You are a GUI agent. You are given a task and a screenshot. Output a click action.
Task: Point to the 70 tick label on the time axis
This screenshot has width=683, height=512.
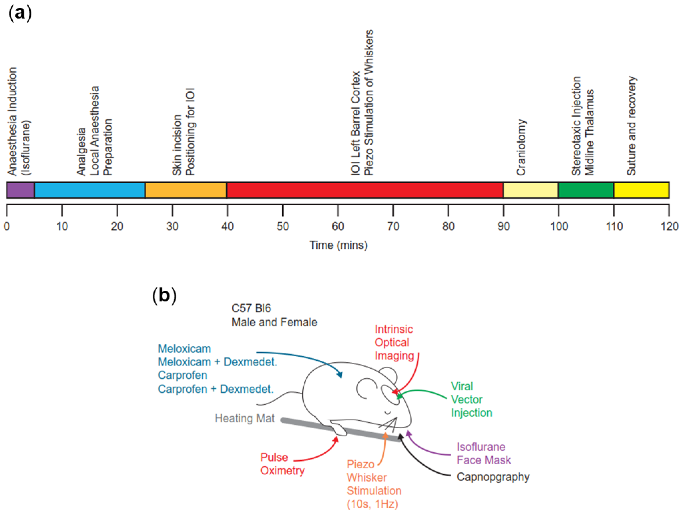(x=393, y=226)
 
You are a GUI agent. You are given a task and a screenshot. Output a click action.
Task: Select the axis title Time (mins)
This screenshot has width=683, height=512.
(x=338, y=245)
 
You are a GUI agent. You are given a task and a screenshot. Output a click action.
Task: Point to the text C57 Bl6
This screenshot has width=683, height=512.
(x=251, y=308)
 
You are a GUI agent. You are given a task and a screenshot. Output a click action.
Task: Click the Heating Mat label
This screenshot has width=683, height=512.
(x=245, y=418)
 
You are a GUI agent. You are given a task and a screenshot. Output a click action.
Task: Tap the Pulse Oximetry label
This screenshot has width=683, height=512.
(x=282, y=464)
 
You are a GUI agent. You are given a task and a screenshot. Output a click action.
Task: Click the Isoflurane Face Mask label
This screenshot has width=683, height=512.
(x=484, y=453)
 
